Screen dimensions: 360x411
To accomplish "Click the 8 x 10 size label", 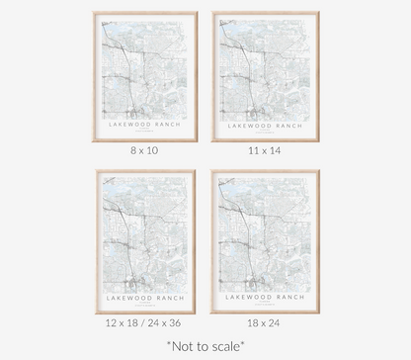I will click(144, 151).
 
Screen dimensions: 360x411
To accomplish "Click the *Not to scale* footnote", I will click(205, 347).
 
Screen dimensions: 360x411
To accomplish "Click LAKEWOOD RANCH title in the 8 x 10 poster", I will click(145, 126).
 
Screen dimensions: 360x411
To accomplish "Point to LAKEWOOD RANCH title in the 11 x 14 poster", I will click(264, 126).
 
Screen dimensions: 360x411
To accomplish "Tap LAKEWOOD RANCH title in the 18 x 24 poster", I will click(264, 296).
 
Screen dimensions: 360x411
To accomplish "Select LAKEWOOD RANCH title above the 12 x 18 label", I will click(145, 296).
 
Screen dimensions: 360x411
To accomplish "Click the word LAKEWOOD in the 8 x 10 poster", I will click(131, 126).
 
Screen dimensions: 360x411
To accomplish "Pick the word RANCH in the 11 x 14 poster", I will click(285, 126).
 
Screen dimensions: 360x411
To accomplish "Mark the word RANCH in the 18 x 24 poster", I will click(285, 296).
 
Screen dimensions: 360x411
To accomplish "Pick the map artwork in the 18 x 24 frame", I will click(264, 232).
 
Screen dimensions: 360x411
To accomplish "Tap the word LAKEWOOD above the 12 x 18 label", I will click(131, 296).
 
